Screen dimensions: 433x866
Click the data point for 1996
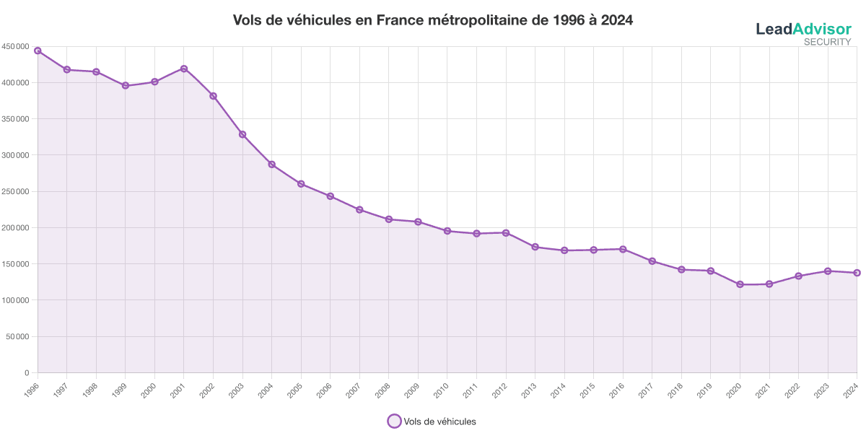pyautogui.click(x=38, y=51)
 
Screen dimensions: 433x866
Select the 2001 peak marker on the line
pyautogui.click(x=184, y=69)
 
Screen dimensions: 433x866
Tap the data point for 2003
pyautogui.click(x=242, y=134)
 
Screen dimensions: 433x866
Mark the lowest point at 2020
pyautogui.click(x=740, y=284)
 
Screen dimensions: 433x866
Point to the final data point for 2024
pyautogui.click(x=857, y=273)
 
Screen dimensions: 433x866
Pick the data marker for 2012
pyautogui.click(x=506, y=232)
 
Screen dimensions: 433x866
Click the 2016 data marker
pyautogui.click(x=623, y=249)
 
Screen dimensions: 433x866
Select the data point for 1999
pyautogui.click(x=126, y=85)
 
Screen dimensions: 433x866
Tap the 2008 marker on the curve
pyautogui.click(x=389, y=219)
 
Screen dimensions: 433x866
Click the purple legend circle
pyautogui.click(x=394, y=421)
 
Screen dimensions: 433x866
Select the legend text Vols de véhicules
pyautogui.click(x=440, y=421)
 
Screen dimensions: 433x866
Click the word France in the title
pyautogui.click(x=399, y=20)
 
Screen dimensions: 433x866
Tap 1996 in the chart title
pyautogui.click(x=568, y=20)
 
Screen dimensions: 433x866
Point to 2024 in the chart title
pyautogui.click(x=616, y=20)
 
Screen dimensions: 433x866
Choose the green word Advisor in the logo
pyautogui.click(x=822, y=29)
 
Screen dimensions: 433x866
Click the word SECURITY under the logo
pyautogui.click(x=828, y=42)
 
